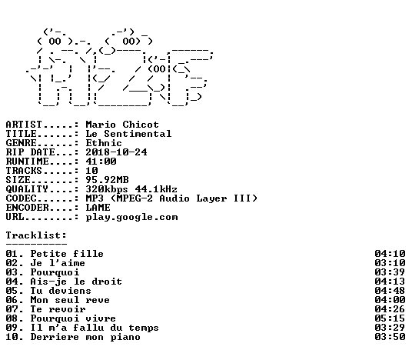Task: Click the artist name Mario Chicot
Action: [x=122, y=125]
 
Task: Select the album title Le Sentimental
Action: [x=128, y=134]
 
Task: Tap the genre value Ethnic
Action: [x=104, y=143]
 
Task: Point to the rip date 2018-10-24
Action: [x=116, y=152]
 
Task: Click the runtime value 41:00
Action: [x=101, y=162]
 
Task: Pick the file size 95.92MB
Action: [x=107, y=180]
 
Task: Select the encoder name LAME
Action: [x=98, y=208]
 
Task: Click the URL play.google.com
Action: [x=131, y=217]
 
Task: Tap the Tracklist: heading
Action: [x=36, y=235]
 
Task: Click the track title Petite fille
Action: [x=67, y=254]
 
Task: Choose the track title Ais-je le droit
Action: [x=76, y=282]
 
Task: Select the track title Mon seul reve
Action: [x=70, y=300]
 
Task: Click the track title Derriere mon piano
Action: [x=85, y=337]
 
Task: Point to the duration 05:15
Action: [x=390, y=318]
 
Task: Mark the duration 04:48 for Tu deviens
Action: [x=390, y=291]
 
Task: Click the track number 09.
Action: [x=12, y=328]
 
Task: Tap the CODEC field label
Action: [x=21, y=198]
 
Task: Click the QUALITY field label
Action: [x=27, y=189]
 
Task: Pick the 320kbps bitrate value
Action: [x=107, y=189]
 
